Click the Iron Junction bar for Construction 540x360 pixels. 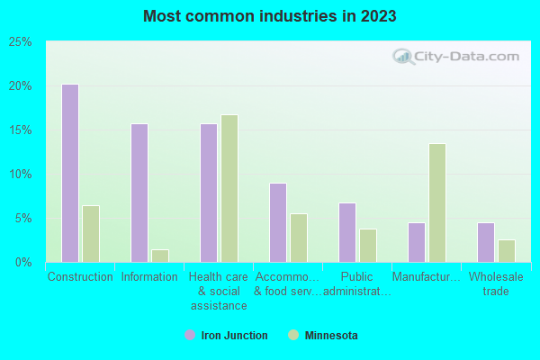coord(70,173)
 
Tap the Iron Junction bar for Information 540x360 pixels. coord(139,193)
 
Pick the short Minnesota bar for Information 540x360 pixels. coord(160,256)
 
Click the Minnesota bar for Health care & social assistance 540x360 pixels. coord(229,188)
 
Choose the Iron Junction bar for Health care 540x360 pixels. coord(209,193)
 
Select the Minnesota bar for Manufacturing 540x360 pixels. coord(437,202)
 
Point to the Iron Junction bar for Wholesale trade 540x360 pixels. coord(486,242)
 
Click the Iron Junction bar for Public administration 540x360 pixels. coord(347,232)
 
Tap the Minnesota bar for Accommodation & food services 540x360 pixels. coord(299,238)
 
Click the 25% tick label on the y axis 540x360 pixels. coord(21,42)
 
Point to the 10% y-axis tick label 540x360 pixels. coord(21,174)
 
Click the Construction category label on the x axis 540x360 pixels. coord(80,277)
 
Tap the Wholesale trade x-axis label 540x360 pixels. coord(496,283)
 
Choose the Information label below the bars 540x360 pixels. coord(149,277)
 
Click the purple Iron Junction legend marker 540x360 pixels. coord(190,336)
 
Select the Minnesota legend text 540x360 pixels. coord(330,336)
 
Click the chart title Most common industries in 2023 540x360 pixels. coord(269,16)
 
